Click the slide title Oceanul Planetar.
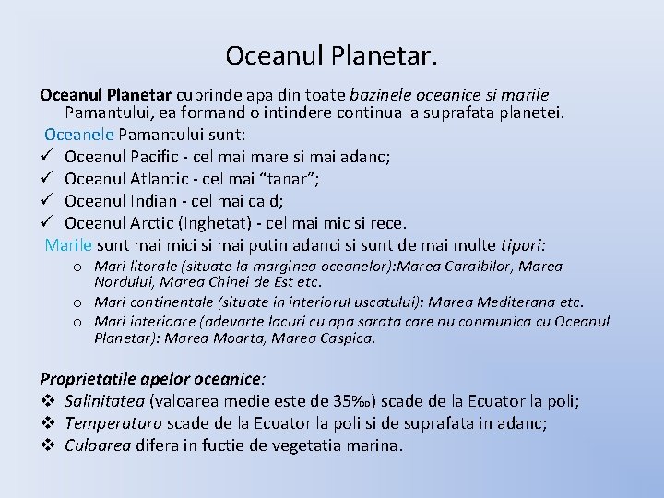pyautogui.click(x=332, y=55)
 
